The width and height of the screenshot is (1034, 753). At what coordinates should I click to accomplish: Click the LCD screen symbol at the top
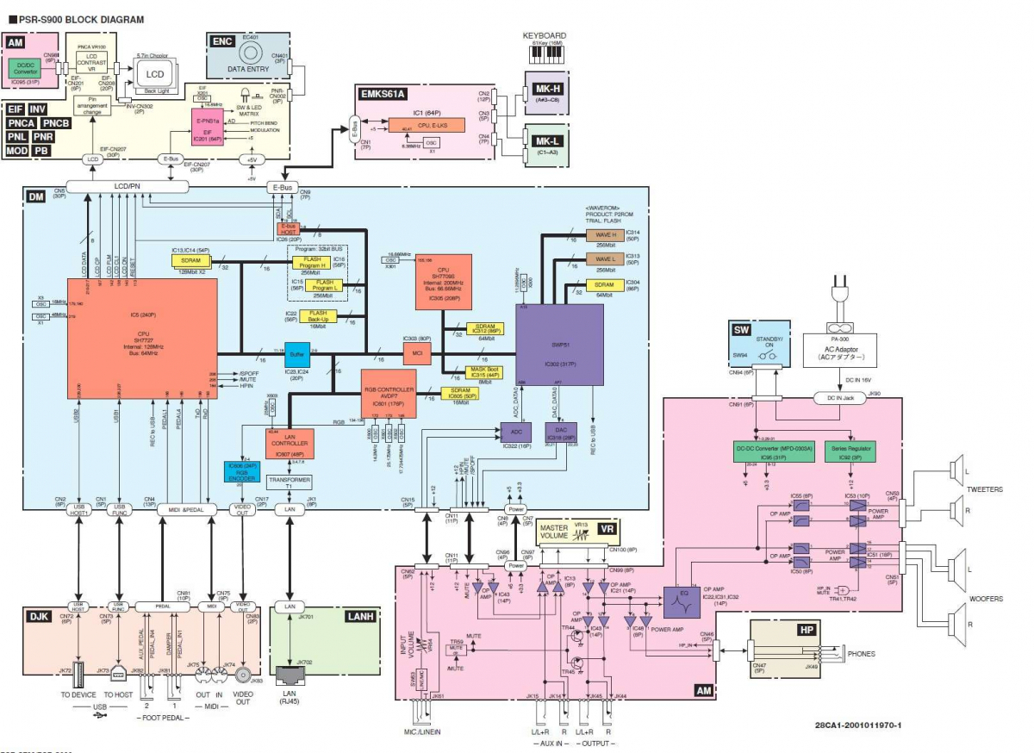[153, 75]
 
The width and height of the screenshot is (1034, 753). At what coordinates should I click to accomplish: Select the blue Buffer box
[297, 353]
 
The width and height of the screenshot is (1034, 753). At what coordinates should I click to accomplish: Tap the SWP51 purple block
[559, 349]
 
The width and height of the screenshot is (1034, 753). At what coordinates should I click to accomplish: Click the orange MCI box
[417, 354]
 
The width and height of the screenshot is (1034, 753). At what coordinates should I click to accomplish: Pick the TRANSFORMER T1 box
[290, 482]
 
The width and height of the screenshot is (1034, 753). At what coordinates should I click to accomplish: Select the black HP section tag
[807, 630]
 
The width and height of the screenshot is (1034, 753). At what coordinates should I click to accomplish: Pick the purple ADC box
[517, 433]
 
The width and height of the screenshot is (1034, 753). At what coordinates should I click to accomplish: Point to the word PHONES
[862, 654]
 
